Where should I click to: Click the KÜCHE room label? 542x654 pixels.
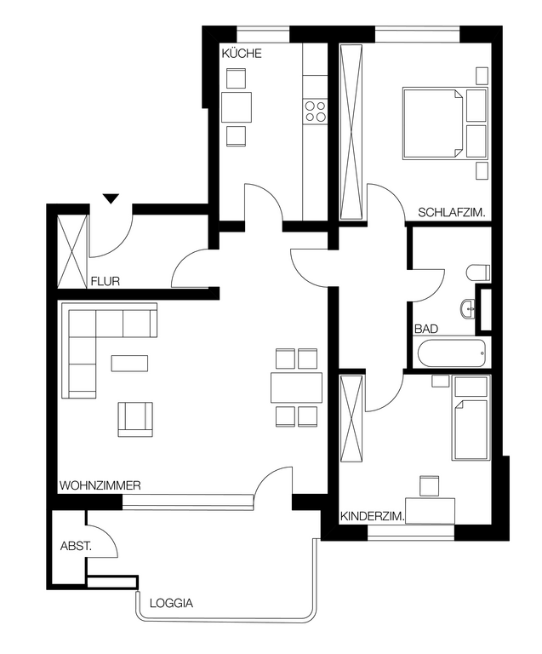point(242,54)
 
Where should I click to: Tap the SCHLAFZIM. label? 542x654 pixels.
point(452,213)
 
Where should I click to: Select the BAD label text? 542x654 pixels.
point(426,329)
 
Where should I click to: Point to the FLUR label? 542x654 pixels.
point(106,282)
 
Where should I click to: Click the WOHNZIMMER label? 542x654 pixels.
point(100,485)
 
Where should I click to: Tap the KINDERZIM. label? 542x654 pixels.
point(373,517)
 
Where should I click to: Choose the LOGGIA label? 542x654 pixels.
point(171,603)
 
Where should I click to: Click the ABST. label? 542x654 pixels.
point(76,546)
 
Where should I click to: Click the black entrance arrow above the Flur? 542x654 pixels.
point(111,198)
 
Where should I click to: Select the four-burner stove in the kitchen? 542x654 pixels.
point(315,111)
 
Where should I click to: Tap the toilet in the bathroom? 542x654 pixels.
point(478,272)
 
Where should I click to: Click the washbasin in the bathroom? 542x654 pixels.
point(468,309)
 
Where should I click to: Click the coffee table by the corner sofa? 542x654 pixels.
point(129,363)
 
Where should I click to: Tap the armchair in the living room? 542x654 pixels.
point(135,419)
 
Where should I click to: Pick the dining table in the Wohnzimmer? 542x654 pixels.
point(297,387)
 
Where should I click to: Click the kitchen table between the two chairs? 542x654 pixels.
point(237,107)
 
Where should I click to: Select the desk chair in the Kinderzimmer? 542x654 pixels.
point(430,486)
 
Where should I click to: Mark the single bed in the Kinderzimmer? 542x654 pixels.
point(471,429)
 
